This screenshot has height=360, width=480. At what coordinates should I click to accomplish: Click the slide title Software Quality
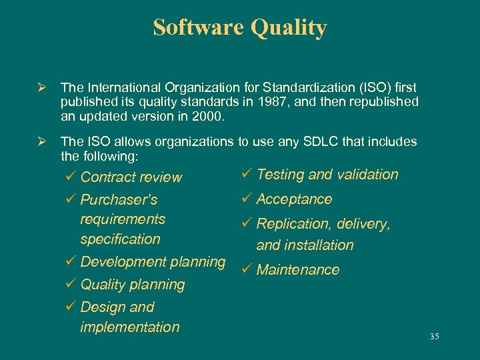(240, 28)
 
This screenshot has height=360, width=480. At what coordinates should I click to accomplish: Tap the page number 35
(434, 337)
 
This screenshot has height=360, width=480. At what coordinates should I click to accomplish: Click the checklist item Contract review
(131, 177)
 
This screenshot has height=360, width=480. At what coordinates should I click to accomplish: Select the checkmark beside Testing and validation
(245, 174)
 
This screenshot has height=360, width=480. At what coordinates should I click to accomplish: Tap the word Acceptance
(294, 199)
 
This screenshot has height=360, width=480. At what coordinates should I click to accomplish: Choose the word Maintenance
(297, 270)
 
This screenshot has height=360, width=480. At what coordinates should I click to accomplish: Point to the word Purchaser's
(119, 200)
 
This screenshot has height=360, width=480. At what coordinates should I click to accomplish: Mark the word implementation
(129, 327)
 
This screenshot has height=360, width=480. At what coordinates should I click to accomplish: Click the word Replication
(291, 225)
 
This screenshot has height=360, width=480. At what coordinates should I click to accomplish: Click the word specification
(120, 239)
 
